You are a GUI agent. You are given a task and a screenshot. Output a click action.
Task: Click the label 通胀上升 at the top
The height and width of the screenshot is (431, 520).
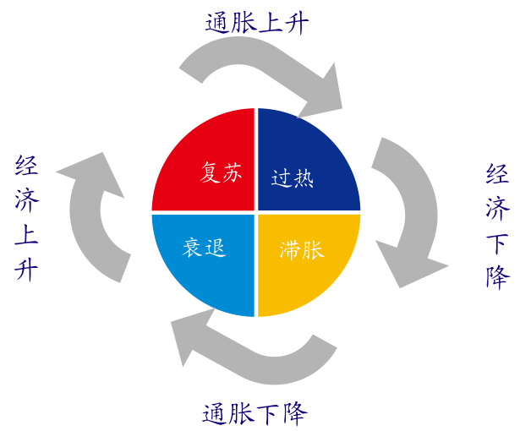[257, 22]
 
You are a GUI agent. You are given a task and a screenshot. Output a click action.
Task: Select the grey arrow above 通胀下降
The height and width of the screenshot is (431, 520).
[254, 346]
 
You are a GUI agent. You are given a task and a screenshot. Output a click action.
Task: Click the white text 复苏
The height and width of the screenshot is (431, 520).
[221, 173]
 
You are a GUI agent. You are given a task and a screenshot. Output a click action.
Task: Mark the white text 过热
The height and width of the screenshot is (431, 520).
[293, 178]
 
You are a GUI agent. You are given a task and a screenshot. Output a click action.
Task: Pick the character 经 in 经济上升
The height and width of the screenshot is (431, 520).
[26, 166]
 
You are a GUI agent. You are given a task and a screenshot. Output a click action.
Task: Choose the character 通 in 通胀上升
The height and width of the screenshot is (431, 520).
[218, 22]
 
